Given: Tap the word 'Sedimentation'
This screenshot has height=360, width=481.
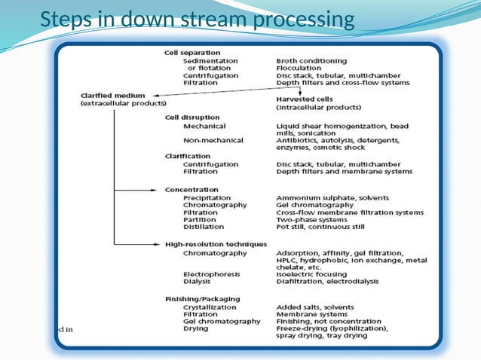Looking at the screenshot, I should click(210, 60).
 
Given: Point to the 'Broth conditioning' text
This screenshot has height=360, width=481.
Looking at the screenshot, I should click(311, 60).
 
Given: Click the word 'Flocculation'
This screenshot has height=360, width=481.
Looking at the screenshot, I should click(299, 68).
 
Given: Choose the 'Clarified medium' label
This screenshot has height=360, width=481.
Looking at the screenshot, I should click(114, 96).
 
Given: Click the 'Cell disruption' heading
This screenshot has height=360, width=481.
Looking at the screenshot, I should click(192, 117).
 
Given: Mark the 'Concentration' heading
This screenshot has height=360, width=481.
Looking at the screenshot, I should click(191, 190).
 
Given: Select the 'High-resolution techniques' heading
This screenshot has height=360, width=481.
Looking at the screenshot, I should click(216, 244).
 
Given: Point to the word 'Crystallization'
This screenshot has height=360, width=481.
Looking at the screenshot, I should click(210, 307).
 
